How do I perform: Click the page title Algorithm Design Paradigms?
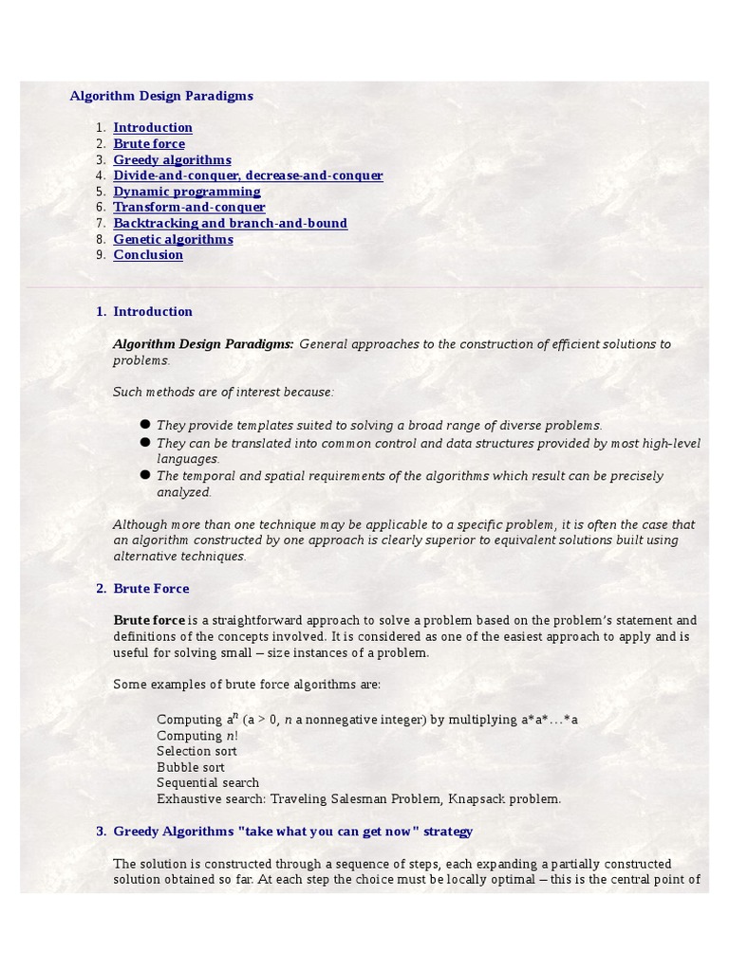(x=161, y=96)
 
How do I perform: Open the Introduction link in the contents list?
(x=153, y=128)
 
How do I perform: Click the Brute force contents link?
(x=149, y=144)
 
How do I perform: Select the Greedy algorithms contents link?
(x=172, y=160)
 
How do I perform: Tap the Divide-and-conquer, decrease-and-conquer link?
(x=248, y=175)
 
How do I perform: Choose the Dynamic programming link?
(x=187, y=192)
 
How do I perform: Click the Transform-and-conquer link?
(x=189, y=208)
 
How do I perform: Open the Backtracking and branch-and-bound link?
(x=230, y=224)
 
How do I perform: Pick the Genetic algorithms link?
(x=173, y=240)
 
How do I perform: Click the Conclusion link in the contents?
(x=148, y=255)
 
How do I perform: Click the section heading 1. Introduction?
(x=152, y=312)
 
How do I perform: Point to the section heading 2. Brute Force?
(x=151, y=589)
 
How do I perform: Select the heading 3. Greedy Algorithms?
(x=292, y=832)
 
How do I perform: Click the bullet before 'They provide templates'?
(x=145, y=425)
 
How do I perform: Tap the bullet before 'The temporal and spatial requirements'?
(x=145, y=474)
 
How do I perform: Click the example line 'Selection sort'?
(x=196, y=751)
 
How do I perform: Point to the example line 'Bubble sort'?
(x=191, y=767)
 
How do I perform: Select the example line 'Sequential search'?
(x=208, y=783)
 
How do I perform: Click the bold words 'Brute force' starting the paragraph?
(x=149, y=620)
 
